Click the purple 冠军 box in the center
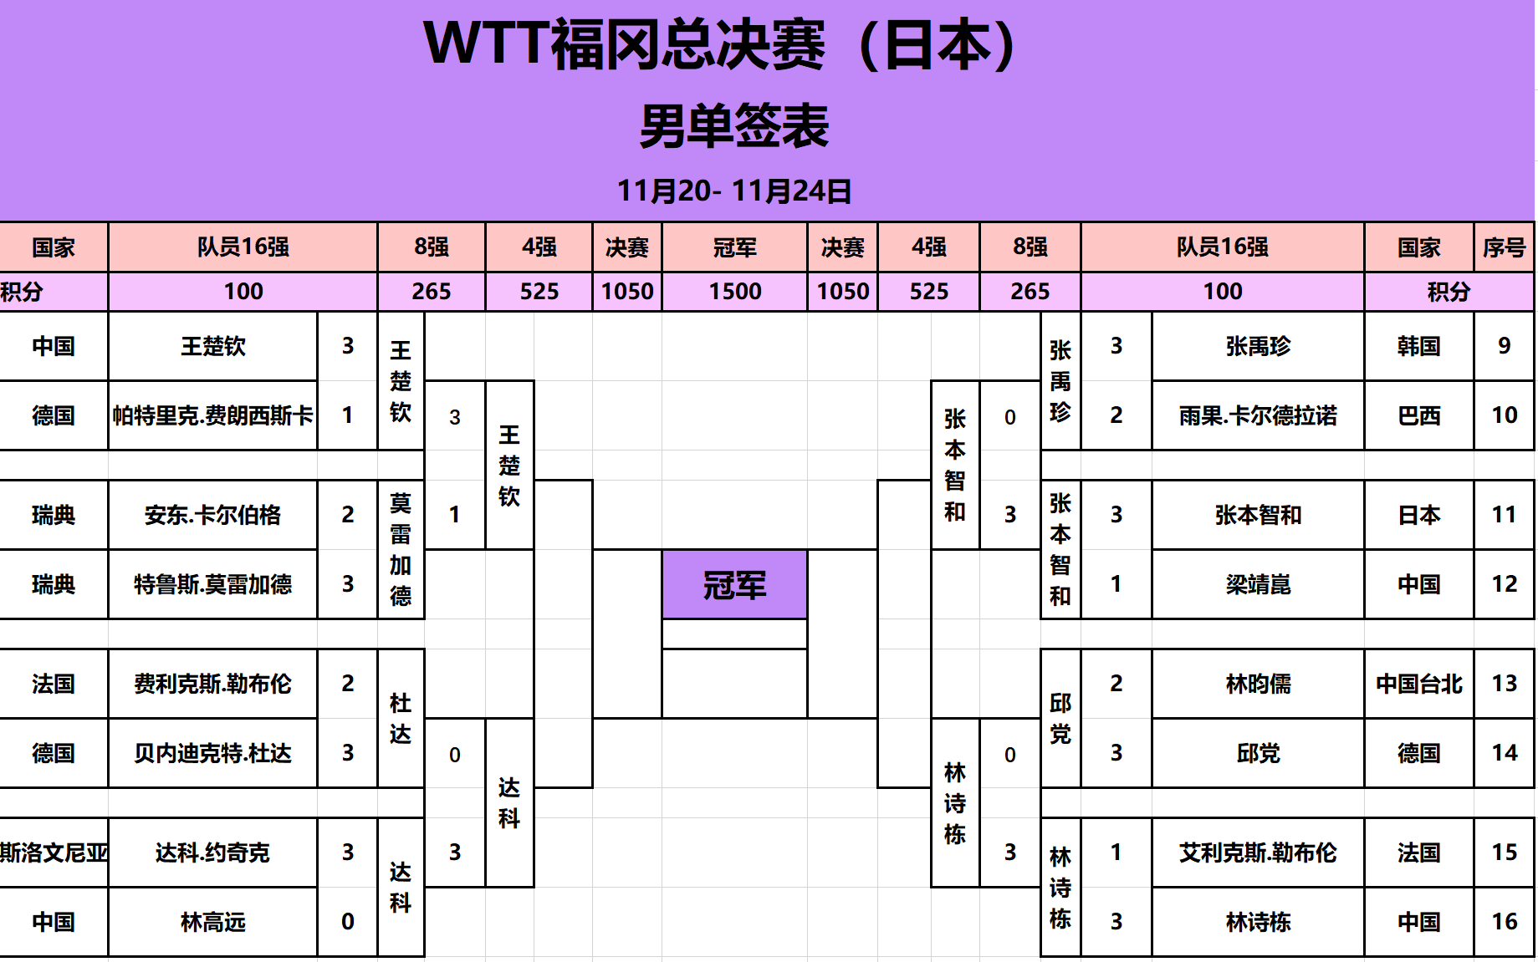[x=734, y=585]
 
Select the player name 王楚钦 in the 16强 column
[x=213, y=347]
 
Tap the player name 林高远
[x=213, y=922]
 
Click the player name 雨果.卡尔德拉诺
[x=1258, y=415]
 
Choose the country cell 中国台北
[x=1418, y=685]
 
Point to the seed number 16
[x=1504, y=922]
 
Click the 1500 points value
[x=735, y=292]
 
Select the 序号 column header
[x=1504, y=247]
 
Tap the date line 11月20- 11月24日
[x=734, y=191]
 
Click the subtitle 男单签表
[x=734, y=127]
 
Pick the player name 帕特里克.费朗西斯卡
[x=213, y=415]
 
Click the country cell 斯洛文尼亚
[x=54, y=853]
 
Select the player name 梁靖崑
[x=1258, y=584]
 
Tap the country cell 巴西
[x=1418, y=415]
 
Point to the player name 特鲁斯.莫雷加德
[x=213, y=584]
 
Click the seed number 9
[x=1504, y=346]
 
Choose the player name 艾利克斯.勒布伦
[x=1258, y=853]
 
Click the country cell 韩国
[x=1418, y=346]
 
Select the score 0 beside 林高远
[x=348, y=922]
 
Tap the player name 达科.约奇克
[x=213, y=853]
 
